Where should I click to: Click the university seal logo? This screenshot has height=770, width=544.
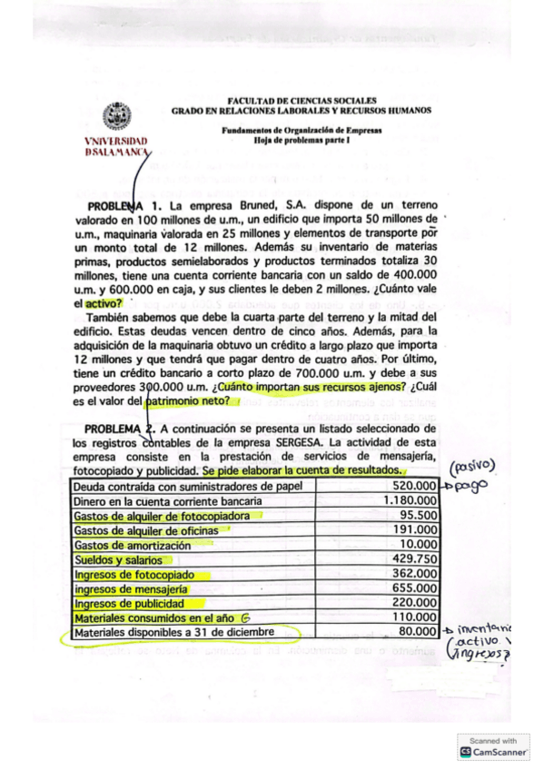point(115,117)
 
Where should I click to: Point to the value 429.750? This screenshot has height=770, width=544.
point(414,558)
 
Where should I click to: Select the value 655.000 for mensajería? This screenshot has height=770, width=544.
point(414,588)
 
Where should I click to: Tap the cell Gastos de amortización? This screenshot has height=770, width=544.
point(133,545)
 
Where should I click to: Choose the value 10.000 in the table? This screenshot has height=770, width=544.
point(420,544)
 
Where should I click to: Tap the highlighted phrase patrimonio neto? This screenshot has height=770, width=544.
point(186,400)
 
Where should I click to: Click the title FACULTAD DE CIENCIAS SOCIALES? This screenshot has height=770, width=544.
point(302,101)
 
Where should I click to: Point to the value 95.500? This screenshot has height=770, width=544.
point(418,515)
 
